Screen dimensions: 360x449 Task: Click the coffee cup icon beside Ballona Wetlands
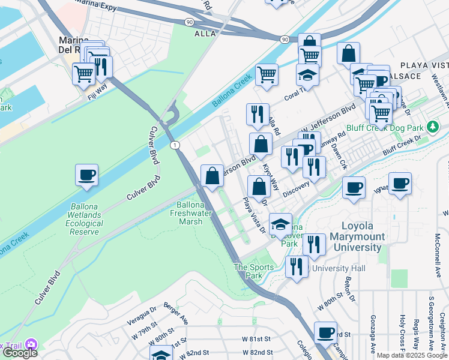tap(87, 175)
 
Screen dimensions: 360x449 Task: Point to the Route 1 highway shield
tap(175, 145)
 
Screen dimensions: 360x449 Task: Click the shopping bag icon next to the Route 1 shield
tap(212, 176)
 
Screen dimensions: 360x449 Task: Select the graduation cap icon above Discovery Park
tap(280, 224)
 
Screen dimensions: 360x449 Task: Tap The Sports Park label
tap(249, 271)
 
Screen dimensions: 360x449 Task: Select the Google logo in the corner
tap(19, 353)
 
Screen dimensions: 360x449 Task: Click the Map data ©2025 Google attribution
tap(412, 355)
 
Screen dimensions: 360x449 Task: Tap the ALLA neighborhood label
tap(205, 34)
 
